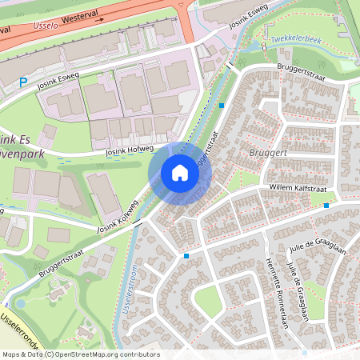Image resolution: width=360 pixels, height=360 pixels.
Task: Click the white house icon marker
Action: click(180, 172)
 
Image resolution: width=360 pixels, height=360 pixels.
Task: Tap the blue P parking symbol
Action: click(23, 82)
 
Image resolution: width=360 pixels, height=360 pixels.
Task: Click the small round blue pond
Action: click(19, 304)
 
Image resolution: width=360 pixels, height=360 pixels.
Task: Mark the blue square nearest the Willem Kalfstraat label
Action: click(326, 206)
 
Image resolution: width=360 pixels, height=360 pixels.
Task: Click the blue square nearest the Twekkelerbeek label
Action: click(222, 105)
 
